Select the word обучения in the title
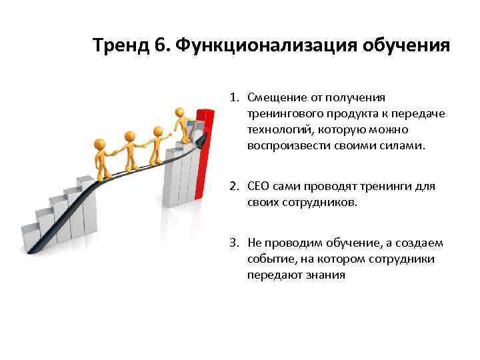(x=406, y=46)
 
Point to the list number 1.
(x=235, y=98)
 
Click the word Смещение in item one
(x=274, y=98)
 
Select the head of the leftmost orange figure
(x=100, y=144)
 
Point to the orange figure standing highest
(x=181, y=123)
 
